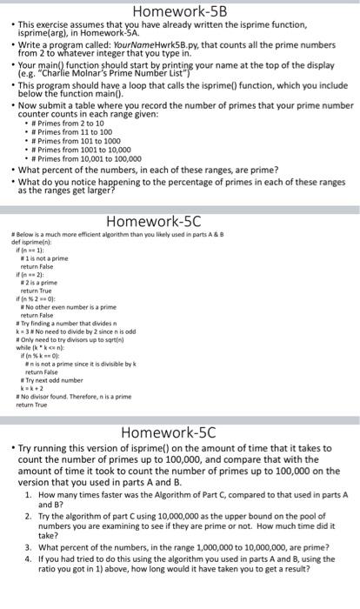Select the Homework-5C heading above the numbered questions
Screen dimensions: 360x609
coord(179,432)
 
